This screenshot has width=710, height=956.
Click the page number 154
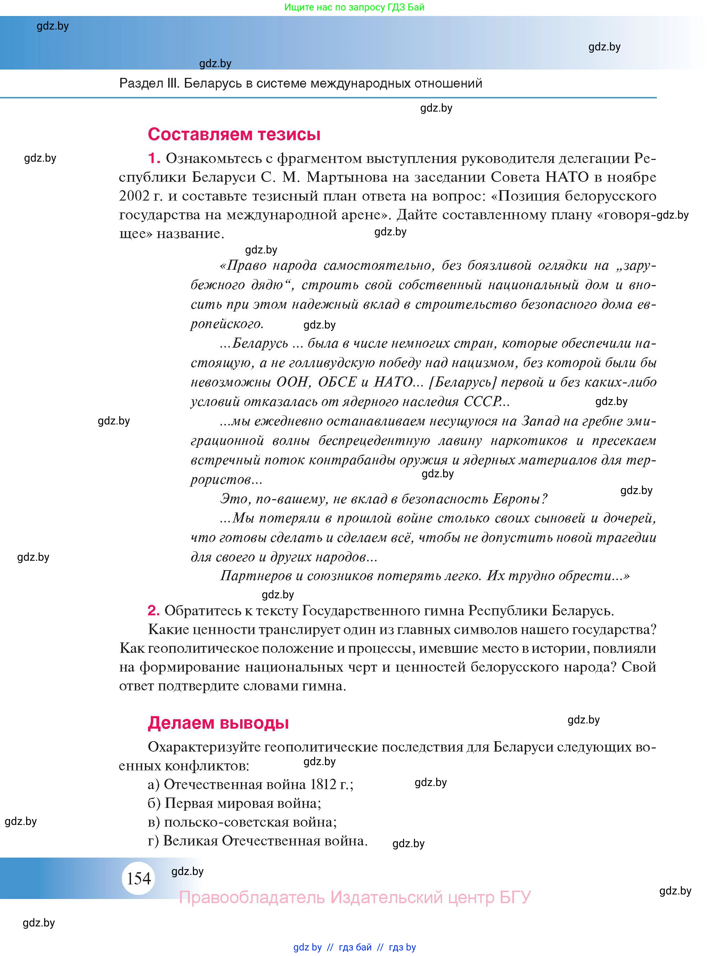[x=138, y=878]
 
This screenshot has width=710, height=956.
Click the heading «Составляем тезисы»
[x=234, y=134]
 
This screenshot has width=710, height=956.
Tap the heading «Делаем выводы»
[x=218, y=723]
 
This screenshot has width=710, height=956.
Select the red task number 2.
[x=153, y=610]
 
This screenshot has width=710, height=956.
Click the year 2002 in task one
[x=134, y=196]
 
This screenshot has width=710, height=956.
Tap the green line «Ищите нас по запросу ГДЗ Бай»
[x=354, y=7]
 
